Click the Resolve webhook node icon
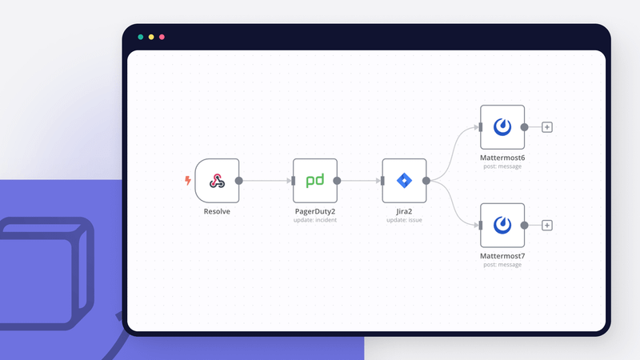(217, 181)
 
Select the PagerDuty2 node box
(314, 181)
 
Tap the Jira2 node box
(404, 181)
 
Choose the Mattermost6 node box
(502, 126)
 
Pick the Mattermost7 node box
(502, 225)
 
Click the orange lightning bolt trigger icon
(188, 181)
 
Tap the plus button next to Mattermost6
(547, 126)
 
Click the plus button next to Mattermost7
(547, 225)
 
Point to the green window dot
(141, 37)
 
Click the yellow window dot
(151, 37)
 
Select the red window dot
(162, 37)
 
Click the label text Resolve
(217, 212)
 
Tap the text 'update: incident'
(314, 220)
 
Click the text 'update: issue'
(404, 220)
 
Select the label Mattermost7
(502, 256)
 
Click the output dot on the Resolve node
(239, 181)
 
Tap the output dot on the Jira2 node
(426, 181)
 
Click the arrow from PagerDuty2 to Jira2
(359, 181)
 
